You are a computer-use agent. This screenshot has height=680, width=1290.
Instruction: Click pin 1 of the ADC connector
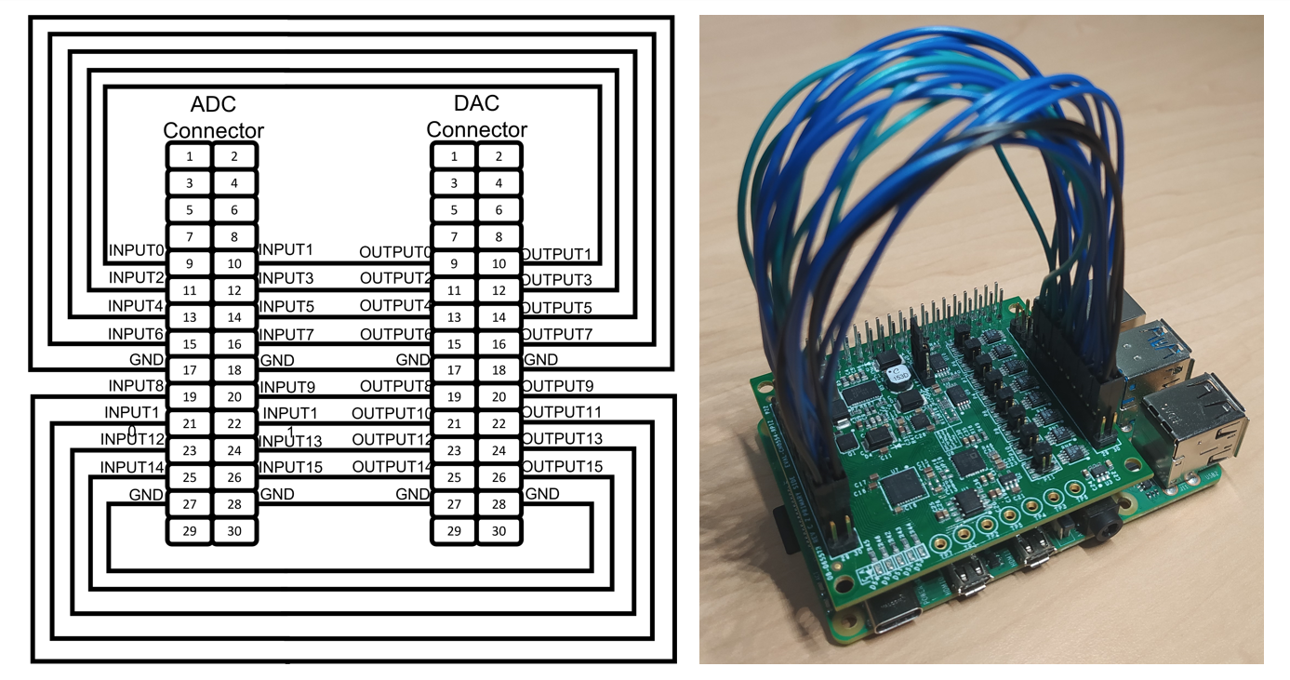tap(189, 156)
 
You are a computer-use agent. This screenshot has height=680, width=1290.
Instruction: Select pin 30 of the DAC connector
tap(499, 531)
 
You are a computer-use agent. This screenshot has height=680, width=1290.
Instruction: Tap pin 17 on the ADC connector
tap(189, 370)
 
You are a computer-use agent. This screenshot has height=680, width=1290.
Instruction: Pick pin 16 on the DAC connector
tap(499, 344)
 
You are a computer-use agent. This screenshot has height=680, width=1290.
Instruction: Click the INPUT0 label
tap(137, 250)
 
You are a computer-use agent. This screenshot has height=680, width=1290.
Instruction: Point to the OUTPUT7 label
tap(556, 333)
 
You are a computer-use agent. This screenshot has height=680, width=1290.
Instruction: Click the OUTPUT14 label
tap(392, 466)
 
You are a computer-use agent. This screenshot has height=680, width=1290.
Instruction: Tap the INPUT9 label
tap(286, 386)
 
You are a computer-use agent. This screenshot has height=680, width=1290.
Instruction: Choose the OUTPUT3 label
tap(556, 279)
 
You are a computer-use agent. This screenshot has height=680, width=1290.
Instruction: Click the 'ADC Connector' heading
tap(213, 117)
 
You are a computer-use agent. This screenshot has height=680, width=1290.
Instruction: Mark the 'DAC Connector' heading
tap(476, 116)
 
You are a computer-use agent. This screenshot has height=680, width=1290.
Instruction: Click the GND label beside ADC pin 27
tap(146, 494)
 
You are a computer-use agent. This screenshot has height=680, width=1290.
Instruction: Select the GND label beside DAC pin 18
tap(541, 359)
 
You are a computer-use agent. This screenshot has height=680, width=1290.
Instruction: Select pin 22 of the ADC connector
tap(234, 424)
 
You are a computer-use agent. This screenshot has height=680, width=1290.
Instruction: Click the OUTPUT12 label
tap(392, 439)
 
